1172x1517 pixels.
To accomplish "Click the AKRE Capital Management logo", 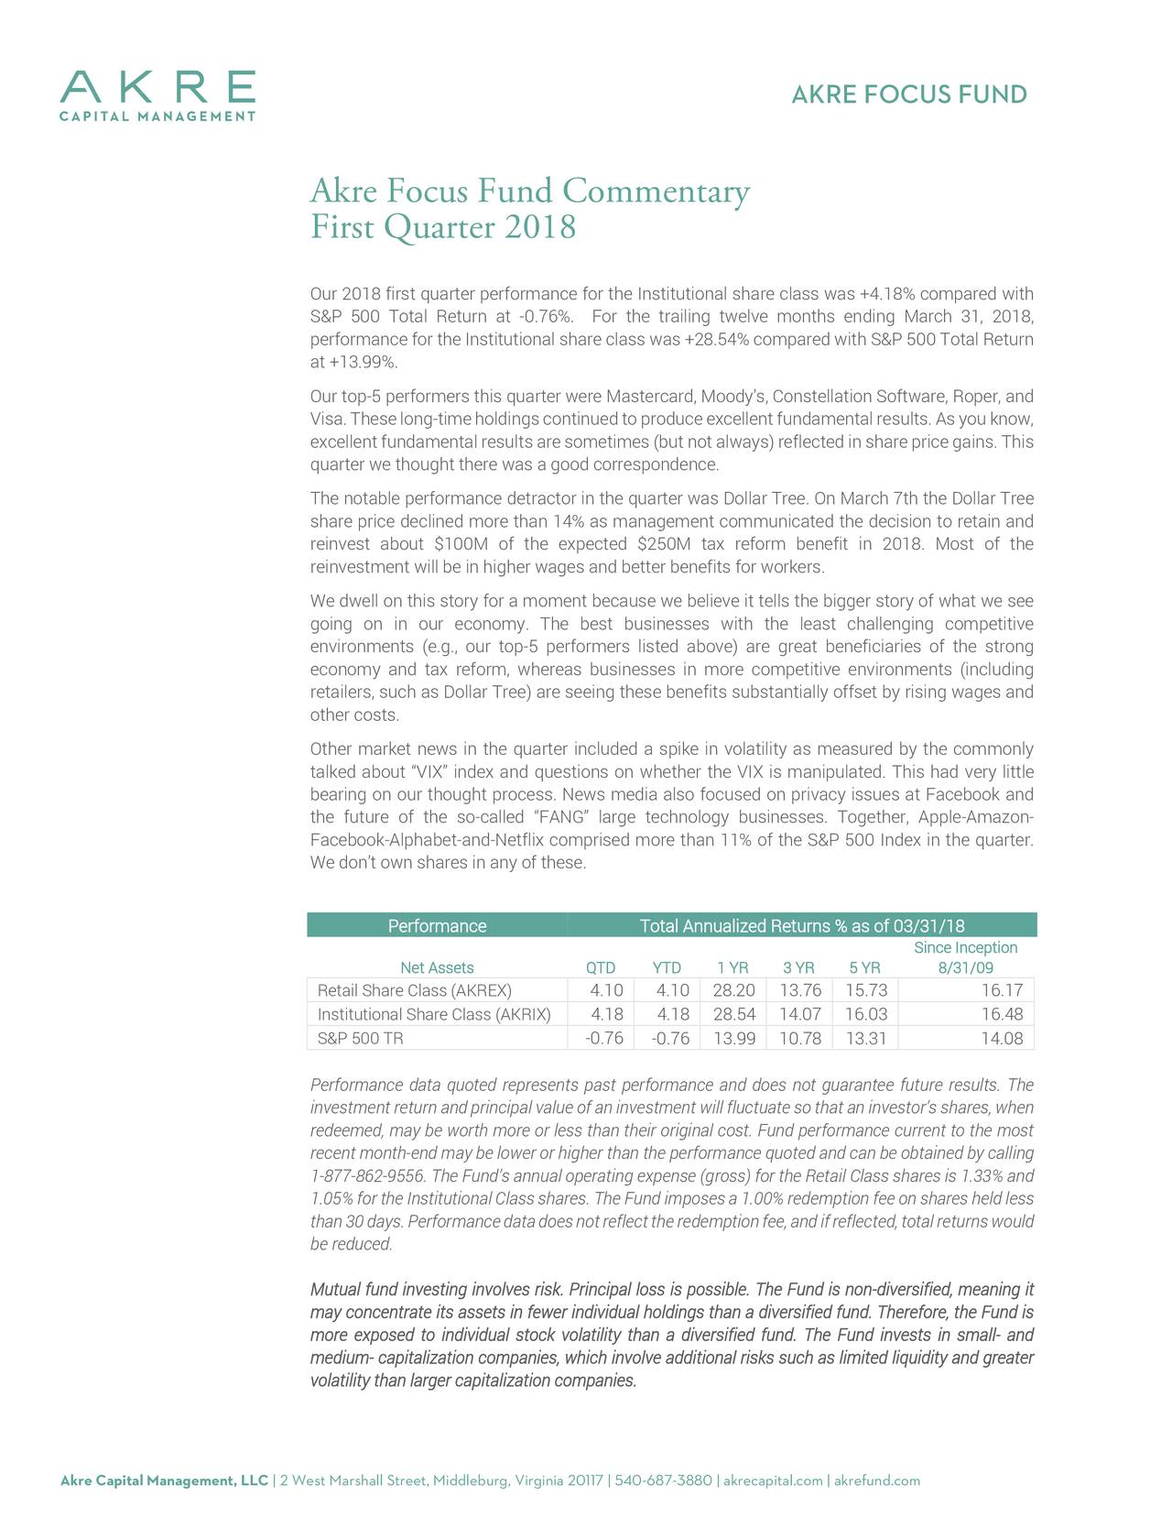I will coord(157,95).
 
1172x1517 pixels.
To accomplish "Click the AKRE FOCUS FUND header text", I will coord(908,95).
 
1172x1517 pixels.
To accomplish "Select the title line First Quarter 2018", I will coord(443,227).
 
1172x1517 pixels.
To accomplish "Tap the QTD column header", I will coord(601,968).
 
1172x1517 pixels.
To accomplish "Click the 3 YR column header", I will coord(798,968).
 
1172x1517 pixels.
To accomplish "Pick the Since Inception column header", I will coord(965,957).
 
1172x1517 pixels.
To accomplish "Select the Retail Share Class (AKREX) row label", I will coord(414,991).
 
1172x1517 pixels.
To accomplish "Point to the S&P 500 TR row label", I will coord(360,1039).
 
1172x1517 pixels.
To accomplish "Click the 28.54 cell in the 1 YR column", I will coord(733,1015).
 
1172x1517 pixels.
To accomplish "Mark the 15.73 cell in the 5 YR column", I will coord(866,991).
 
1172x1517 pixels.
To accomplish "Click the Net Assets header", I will coord(437,968).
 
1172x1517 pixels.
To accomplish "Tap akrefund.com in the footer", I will coord(877,1481).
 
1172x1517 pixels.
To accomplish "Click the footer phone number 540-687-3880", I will coord(664,1481).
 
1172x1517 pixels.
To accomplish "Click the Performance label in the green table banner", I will coord(437,926).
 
